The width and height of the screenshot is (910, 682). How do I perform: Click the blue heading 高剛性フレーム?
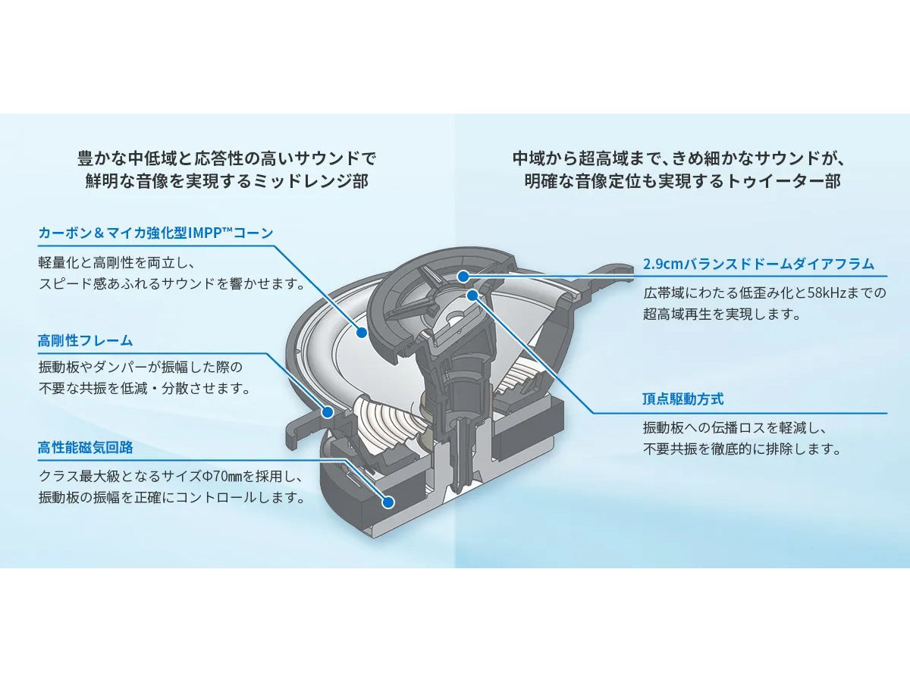[x=85, y=341]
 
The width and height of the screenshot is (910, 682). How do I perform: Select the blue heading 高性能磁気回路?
[x=85, y=448]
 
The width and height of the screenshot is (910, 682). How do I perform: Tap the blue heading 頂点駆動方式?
[x=682, y=399]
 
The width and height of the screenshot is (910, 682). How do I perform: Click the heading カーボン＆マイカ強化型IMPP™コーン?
[x=155, y=233]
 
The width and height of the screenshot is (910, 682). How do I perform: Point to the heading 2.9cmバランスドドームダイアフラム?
[x=758, y=264]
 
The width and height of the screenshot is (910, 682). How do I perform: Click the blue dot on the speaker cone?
[x=362, y=332]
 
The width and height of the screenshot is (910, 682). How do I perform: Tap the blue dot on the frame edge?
[x=328, y=412]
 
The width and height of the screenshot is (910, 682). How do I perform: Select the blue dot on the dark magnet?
[x=388, y=502]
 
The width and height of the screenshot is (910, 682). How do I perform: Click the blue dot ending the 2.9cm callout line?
[x=463, y=276]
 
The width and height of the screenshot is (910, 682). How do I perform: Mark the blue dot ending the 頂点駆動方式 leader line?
[x=472, y=295]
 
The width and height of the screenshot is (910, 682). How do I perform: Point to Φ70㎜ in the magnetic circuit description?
[x=221, y=477]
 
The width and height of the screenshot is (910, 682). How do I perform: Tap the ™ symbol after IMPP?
[x=225, y=229]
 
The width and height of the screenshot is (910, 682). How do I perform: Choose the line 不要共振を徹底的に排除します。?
[x=742, y=449]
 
